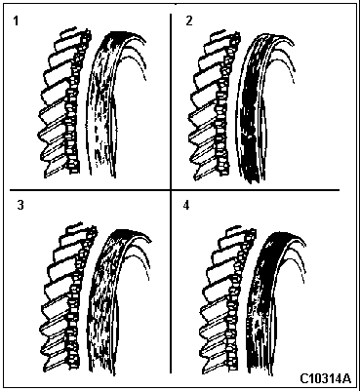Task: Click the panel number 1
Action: [x=16, y=21]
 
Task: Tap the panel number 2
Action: [x=189, y=20]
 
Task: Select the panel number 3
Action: [x=20, y=206]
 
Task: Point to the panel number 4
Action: [x=186, y=206]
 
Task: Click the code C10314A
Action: [x=325, y=378]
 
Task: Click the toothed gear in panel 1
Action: [x=65, y=104]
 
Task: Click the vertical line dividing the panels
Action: [x=171, y=194]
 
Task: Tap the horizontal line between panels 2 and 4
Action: [x=256, y=189]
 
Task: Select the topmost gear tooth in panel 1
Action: [x=70, y=32]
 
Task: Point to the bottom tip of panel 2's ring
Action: [x=252, y=180]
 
